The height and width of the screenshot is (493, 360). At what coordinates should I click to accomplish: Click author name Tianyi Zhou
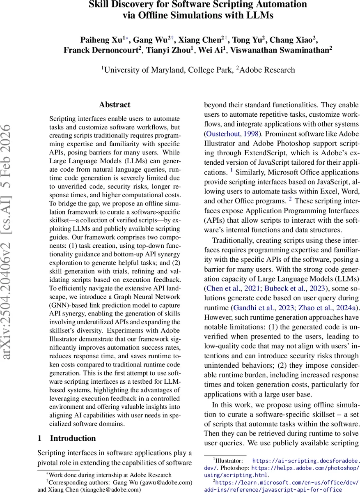[x=168, y=50]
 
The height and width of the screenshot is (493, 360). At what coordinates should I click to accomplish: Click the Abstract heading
[x=115, y=105]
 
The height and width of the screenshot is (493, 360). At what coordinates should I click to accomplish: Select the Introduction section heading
[x=73, y=438]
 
